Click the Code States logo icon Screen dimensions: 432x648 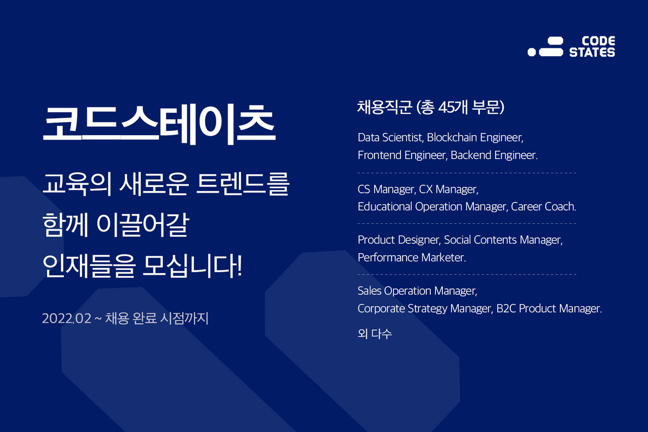[545, 46]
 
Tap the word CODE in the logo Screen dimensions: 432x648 [598, 41]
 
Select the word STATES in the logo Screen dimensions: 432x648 [592, 52]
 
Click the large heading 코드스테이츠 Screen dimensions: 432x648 [159, 125]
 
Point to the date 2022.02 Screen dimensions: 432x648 [66, 319]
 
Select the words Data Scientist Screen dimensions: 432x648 [390, 138]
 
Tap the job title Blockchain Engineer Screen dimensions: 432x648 [475, 138]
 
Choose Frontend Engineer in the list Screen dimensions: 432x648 [402, 155]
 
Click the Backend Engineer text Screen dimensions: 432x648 [494, 155]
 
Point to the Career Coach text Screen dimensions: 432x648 [543, 207]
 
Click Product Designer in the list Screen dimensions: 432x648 [399, 240]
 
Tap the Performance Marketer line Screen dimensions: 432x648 [412, 257]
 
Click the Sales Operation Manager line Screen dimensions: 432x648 [417, 291]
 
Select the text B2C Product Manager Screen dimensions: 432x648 [549, 308]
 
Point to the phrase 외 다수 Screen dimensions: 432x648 [375, 334]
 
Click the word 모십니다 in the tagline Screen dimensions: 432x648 [193, 266]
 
